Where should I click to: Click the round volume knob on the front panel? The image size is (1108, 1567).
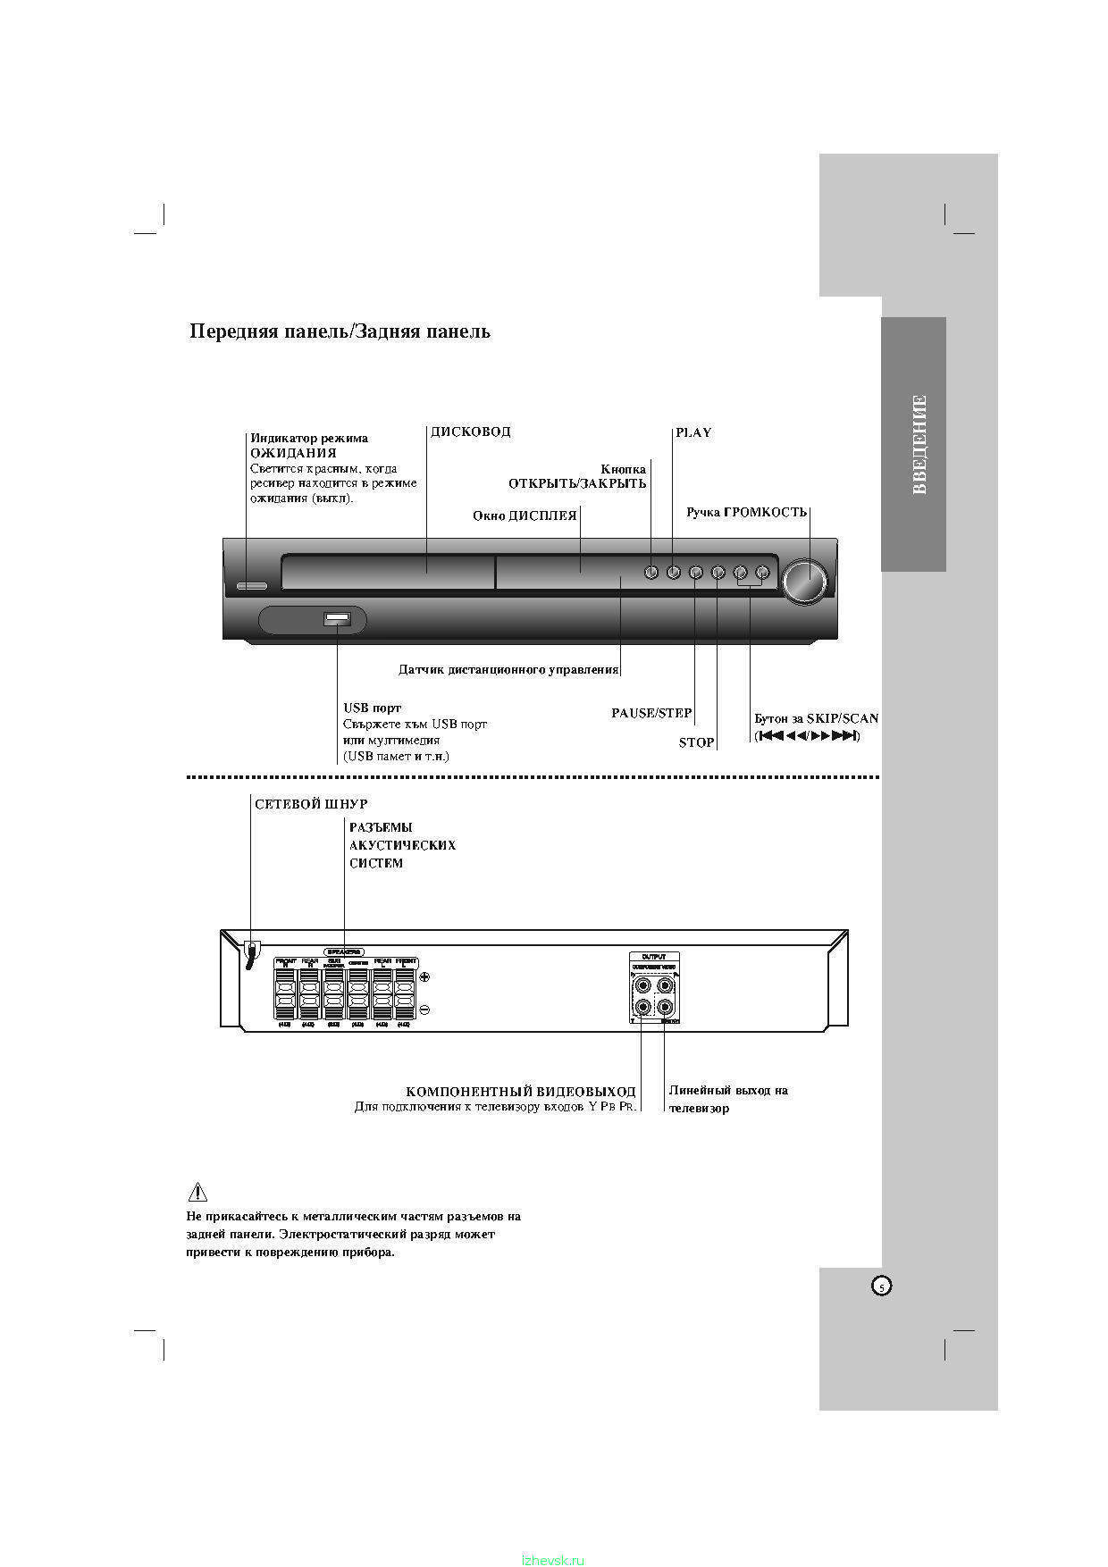(x=804, y=581)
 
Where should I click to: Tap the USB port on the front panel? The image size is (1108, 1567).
(x=336, y=617)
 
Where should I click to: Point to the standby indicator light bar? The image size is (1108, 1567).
(x=252, y=587)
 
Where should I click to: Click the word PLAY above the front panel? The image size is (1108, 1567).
(x=693, y=432)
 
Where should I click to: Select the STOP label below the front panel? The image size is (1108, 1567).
(x=697, y=742)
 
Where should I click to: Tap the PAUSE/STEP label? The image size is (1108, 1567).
(x=651, y=713)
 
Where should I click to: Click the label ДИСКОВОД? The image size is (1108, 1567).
(x=471, y=432)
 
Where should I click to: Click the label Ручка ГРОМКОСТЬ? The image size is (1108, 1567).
(x=746, y=512)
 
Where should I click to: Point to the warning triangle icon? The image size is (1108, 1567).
(x=197, y=1192)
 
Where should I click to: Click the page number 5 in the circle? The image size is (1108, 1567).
(x=881, y=1286)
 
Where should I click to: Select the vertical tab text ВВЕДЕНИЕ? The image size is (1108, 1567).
(x=919, y=444)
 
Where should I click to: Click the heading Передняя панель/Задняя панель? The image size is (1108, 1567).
(x=340, y=331)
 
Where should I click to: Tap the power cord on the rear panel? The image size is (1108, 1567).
(x=251, y=954)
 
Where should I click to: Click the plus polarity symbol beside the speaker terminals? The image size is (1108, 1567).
(x=424, y=978)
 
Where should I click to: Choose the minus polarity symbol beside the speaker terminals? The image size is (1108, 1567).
(x=424, y=1010)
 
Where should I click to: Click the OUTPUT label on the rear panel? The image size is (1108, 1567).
(x=653, y=957)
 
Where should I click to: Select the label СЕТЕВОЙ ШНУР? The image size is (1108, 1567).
(x=311, y=804)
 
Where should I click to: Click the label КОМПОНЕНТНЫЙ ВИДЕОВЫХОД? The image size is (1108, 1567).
(x=521, y=1092)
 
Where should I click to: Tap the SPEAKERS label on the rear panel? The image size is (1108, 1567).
(x=344, y=952)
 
